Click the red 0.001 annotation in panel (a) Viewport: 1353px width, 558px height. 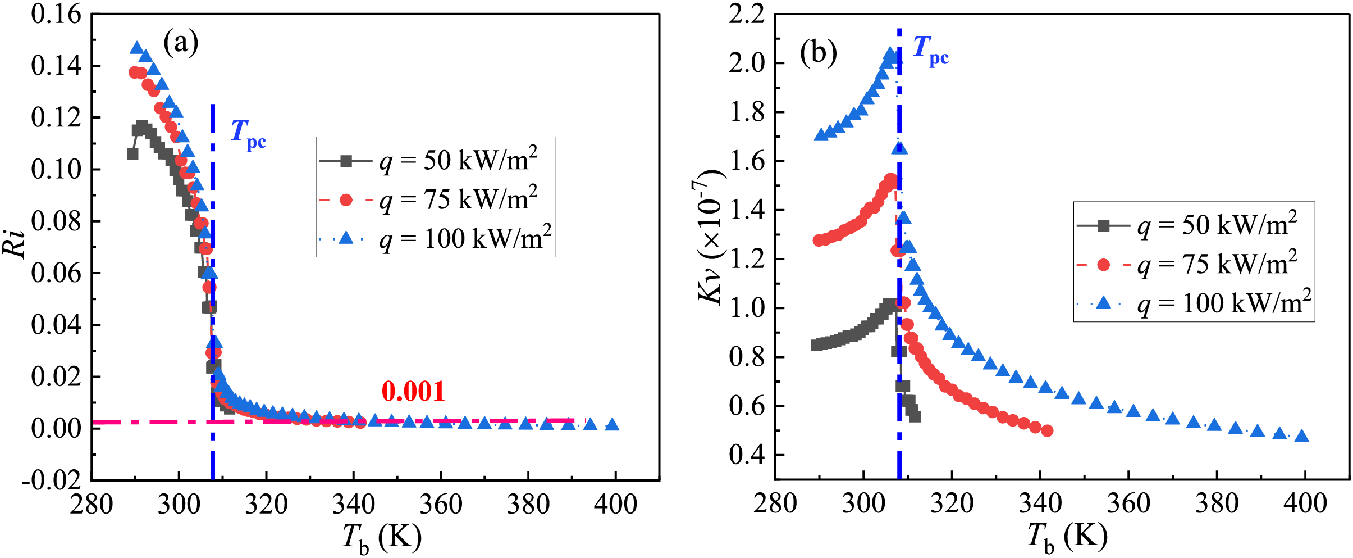coord(413,392)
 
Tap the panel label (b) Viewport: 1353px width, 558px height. coord(818,53)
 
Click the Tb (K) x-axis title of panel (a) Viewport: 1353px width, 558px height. coord(382,538)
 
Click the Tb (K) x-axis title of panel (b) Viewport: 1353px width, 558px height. coord(1067,538)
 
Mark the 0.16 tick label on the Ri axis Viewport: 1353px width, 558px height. coord(56,15)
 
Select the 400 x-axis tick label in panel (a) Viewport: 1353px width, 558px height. coord(616,505)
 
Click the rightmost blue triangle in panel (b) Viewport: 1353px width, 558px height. coord(1302,436)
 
